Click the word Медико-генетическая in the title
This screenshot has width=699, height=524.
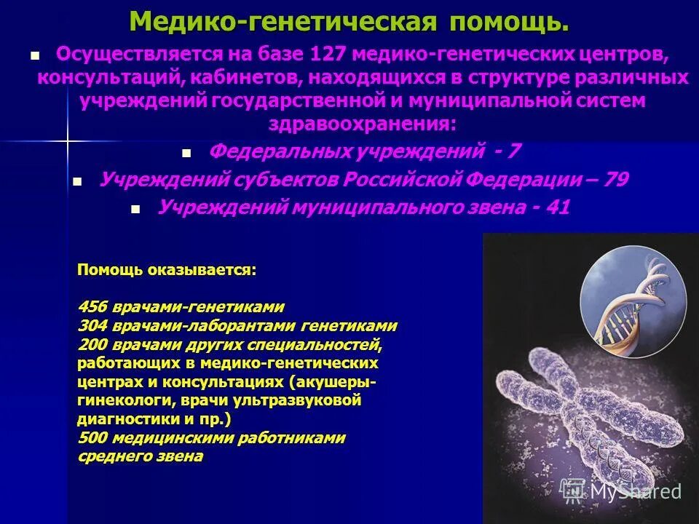pyautogui.click(x=284, y=22)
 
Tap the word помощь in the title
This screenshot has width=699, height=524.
pyautogui.click(x=508, y=22)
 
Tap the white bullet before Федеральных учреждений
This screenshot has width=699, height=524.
pyautogui.click(x=186, y=154)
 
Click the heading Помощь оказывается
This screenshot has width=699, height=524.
pyautogui.click(x=167, y=270)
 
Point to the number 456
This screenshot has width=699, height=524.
pyautogui.click(x=91, y=306)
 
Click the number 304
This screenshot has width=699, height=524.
pyautogui.click(x=91, y=325)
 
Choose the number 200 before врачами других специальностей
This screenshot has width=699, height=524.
pyautogui.click(x=91, y=344)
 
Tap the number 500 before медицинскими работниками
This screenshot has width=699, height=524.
pyautogui.click(x=91, y=438)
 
